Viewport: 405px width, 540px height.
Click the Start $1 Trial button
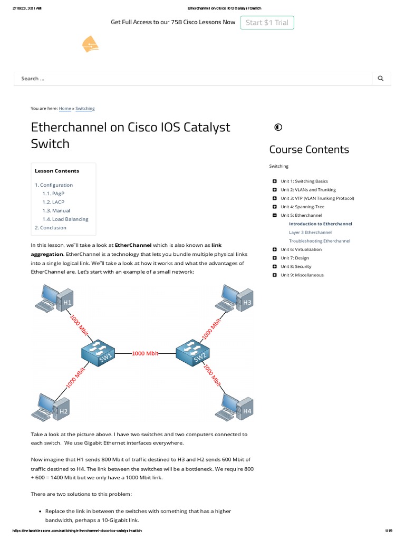(267, 23)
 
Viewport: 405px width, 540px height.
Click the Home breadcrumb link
(65, 109)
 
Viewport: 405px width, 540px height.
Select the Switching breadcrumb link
(85, 109)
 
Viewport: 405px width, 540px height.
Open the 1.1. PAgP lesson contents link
(54, 194)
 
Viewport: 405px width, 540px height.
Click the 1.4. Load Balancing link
(66, 219)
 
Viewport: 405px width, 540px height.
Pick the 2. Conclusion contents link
(51, 228)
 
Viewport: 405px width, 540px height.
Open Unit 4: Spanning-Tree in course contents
(302, 207)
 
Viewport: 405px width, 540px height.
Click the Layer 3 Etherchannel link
(310, 233)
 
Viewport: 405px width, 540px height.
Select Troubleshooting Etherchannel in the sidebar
(319, 241)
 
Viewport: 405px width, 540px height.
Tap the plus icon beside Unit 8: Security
(275, 267)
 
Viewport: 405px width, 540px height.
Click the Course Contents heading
(309, 149)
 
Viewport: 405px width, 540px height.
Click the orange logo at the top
(91, 45)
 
